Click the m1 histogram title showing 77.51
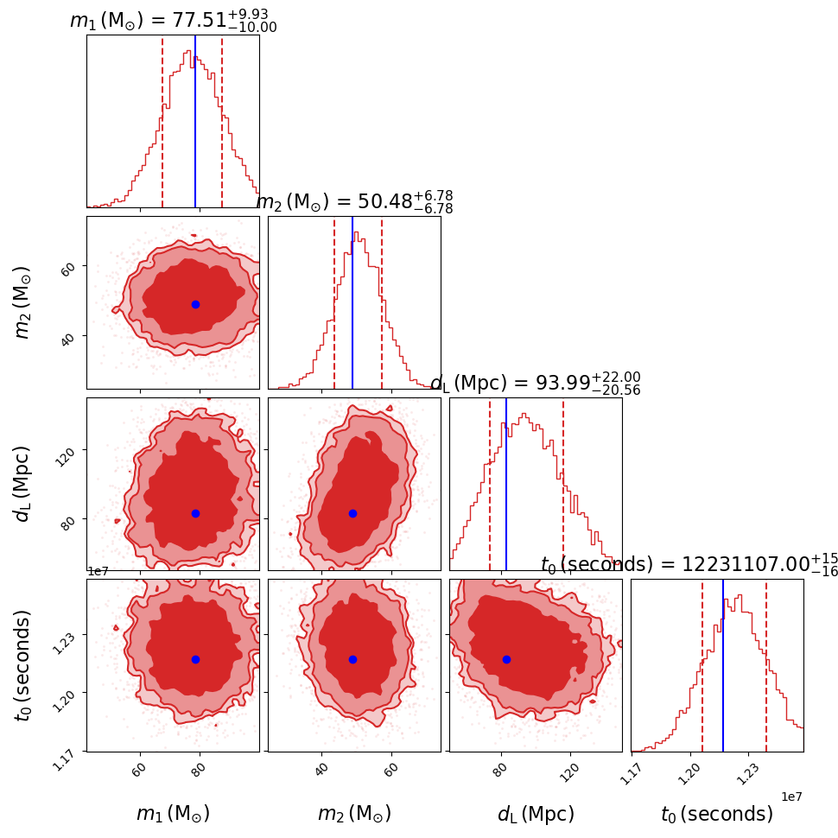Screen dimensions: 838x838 (x=173, y=21)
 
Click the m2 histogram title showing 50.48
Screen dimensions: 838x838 (x=354, y=202)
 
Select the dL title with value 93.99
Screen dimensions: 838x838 (x=536, y=383)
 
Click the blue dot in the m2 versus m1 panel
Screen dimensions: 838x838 (x=195, y=304)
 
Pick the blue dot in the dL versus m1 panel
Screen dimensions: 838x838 (x=195, y=513)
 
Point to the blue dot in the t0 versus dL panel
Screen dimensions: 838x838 (x=506, y=659)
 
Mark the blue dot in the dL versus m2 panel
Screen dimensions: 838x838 (x=352, y=513)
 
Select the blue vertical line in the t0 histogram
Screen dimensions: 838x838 (x=723, y=665)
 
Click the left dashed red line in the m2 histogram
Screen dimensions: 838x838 (x=334, y=302)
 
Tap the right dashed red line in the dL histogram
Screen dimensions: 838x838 (x=563, y=484)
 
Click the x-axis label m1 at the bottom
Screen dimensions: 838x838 (x=173, y=814)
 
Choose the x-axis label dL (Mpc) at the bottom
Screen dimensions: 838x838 (x=536, y=814)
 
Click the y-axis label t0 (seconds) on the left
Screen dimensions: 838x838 (x=23, y=665)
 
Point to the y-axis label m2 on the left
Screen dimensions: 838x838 (x=23, y=302)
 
